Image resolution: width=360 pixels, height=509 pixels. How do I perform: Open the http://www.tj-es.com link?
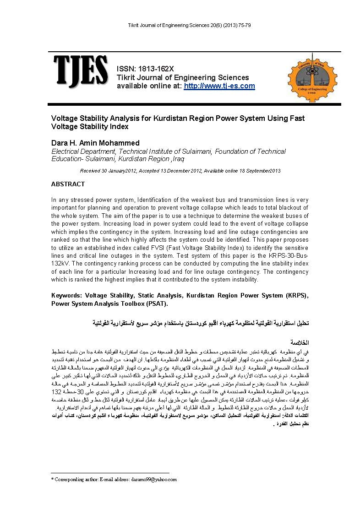[219, 86]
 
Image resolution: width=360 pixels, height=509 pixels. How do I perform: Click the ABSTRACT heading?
[68, 184]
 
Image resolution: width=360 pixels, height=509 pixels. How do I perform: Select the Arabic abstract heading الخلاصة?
[300, 342]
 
